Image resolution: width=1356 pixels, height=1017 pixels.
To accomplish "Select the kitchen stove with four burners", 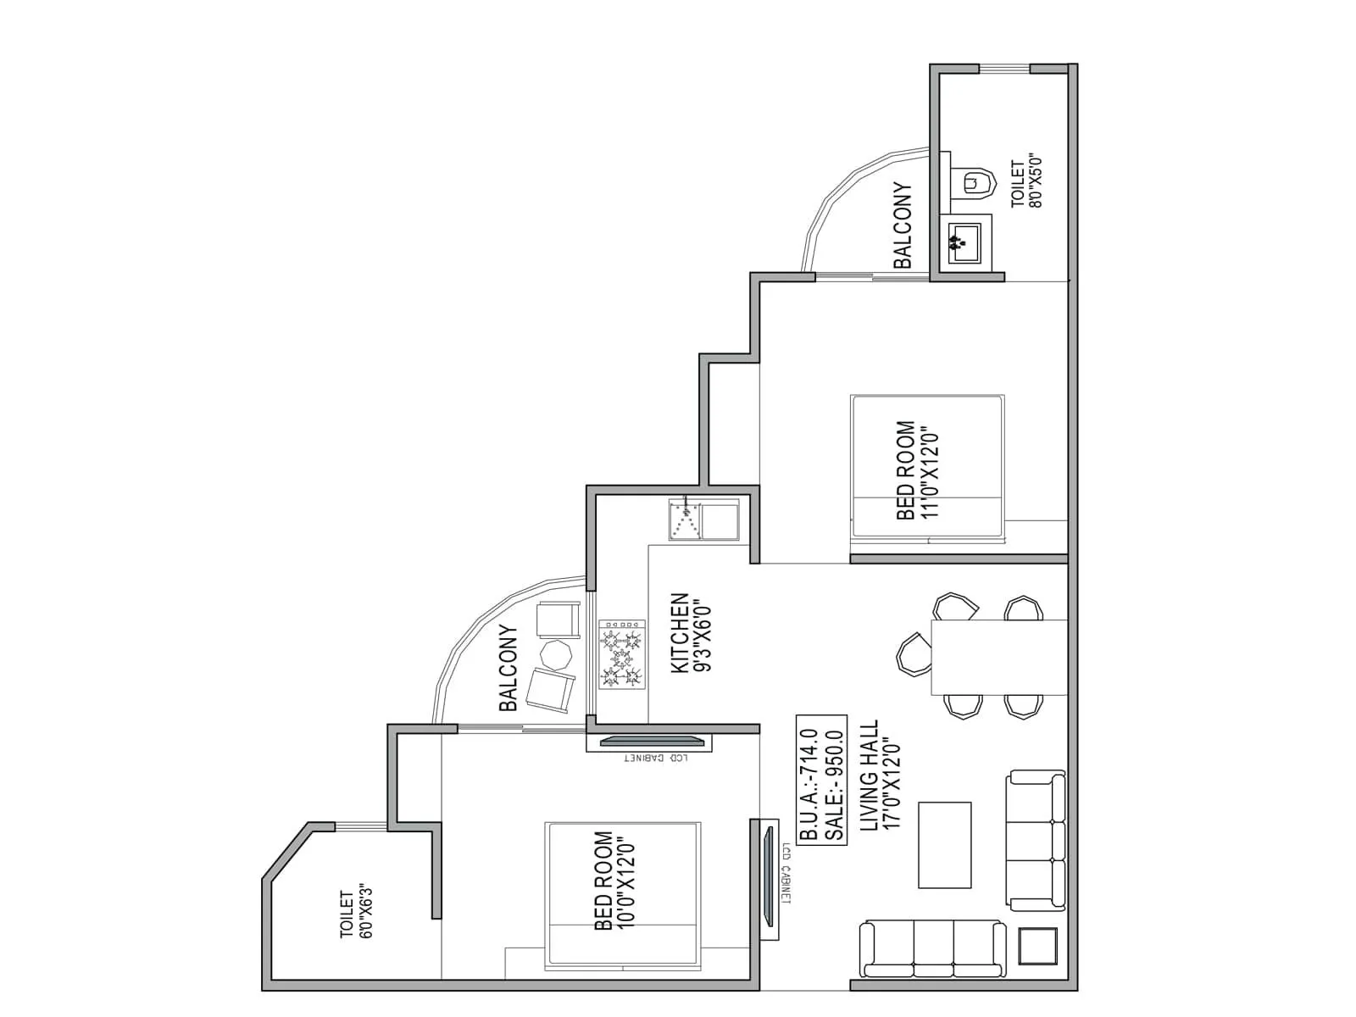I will coord(622,653).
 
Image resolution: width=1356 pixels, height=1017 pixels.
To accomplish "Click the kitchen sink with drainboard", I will coord(703,519).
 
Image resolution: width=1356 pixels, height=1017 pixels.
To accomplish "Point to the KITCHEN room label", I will coord(680,633).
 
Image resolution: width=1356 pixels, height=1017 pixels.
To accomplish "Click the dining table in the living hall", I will coord(998,657).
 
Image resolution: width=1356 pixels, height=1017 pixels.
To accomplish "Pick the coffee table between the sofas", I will coord(945,844).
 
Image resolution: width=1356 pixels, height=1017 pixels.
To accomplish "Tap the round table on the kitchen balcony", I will coord(558,653).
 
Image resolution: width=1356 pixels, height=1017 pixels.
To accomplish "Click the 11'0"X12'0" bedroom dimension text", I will coord(930,470).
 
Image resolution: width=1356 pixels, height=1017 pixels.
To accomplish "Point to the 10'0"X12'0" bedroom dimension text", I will coord(626,881).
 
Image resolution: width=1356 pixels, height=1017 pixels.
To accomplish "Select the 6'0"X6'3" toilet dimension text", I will coord(366,913).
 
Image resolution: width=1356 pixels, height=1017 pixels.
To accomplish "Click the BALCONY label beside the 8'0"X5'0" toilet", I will coord(902,225).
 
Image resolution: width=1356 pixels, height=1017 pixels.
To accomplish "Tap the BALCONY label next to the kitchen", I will coord(508,668).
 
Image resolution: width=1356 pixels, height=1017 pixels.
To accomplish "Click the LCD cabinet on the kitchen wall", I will coord(649,742).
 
